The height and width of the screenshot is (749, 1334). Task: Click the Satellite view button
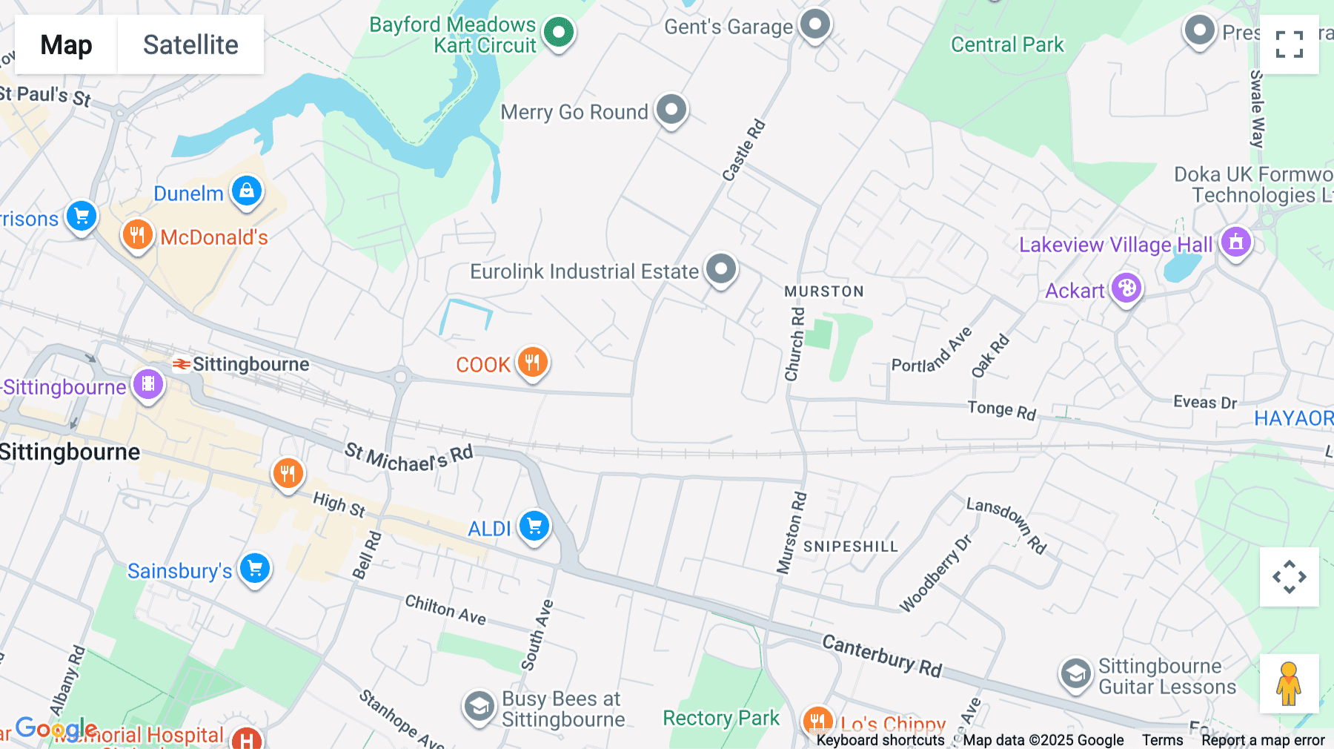tap(190, 44)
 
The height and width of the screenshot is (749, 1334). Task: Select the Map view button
tap(66, 44)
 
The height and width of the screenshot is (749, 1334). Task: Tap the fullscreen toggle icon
tap(1289, 44)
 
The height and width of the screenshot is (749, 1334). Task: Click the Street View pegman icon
tap(1289, 684)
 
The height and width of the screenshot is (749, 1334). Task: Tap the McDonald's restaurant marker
tap(137, 236)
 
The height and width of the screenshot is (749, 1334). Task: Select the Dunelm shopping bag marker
tap(247, 191)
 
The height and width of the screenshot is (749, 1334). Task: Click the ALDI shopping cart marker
tap(534, 527)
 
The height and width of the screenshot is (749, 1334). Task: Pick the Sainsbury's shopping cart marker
tap(255, 569)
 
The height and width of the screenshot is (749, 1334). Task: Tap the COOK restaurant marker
tap(532, 363)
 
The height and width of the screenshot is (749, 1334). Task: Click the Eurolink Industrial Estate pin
tap(720, 268)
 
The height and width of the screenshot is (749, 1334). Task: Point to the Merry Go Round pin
tap(671, 110)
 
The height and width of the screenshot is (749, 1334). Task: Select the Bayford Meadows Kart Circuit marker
tap(559, 32)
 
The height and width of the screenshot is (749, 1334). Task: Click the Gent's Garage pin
tap(815, 24)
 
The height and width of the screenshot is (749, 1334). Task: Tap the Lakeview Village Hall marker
tap(1235, 242)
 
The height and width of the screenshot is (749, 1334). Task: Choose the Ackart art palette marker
tap(1126, 288)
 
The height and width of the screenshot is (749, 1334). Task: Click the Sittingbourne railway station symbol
tap(182, 364)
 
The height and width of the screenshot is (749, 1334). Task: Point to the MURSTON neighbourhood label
tap(824, 291)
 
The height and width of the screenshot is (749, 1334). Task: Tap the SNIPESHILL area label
tap(850, 547)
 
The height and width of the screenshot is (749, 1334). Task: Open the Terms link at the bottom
tap(1162, 740)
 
